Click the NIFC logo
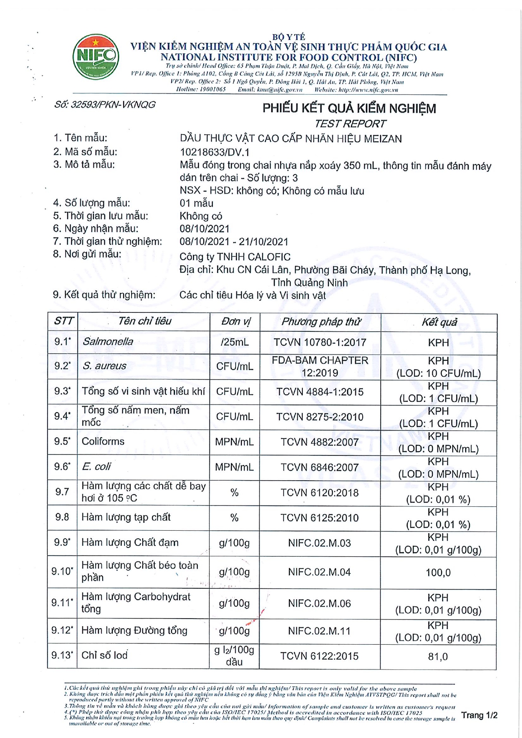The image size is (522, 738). (95, 57)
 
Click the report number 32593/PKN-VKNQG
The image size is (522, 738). (105, 105)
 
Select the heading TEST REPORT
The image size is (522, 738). (350, 124)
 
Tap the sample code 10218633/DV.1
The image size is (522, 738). (215, 152)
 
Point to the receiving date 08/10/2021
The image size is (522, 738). (204, 229)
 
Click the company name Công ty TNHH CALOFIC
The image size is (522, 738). (235, 257)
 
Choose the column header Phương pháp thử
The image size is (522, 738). (321, 322)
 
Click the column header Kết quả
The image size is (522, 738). (439, 322)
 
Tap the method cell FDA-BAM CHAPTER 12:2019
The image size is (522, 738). (320, 366)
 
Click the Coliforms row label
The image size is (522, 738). (103, 441)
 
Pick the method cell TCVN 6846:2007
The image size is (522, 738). (320, 467)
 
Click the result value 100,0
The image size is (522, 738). (438, 572)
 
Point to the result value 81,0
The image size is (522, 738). (438, 656)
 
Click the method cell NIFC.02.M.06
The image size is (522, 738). (319, 603)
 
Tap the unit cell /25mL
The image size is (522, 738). (235, 342)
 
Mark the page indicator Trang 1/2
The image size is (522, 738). (479, 715)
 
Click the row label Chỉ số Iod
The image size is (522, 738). (104, 655)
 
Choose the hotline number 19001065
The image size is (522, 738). (212, 89)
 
